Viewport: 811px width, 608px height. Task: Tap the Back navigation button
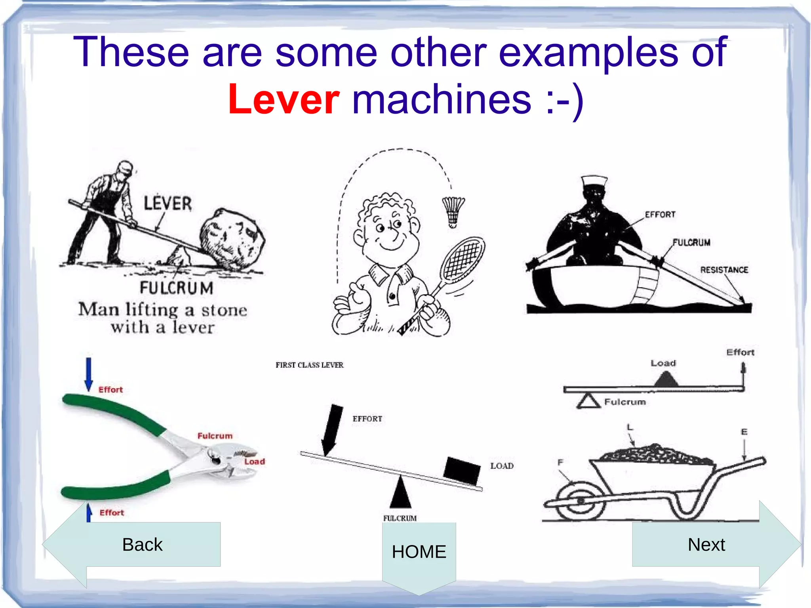point(142,545)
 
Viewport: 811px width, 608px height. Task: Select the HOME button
point(419,552)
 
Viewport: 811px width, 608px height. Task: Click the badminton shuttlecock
point(453,212)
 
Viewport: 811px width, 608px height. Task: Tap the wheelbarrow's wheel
point(581,501)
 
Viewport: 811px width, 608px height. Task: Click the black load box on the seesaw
point(462,470)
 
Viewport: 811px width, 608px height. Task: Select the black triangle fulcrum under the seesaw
point(401,493)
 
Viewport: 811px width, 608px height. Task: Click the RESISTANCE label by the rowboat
point(724,270)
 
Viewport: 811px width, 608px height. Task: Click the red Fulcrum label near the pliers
point(215,436)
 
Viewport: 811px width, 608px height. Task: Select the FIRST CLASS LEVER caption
point(310,365)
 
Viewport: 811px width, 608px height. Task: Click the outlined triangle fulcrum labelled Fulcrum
point(588,401)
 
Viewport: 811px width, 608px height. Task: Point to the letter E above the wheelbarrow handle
point(744,432)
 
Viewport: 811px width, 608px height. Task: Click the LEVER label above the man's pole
point(168,204)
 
